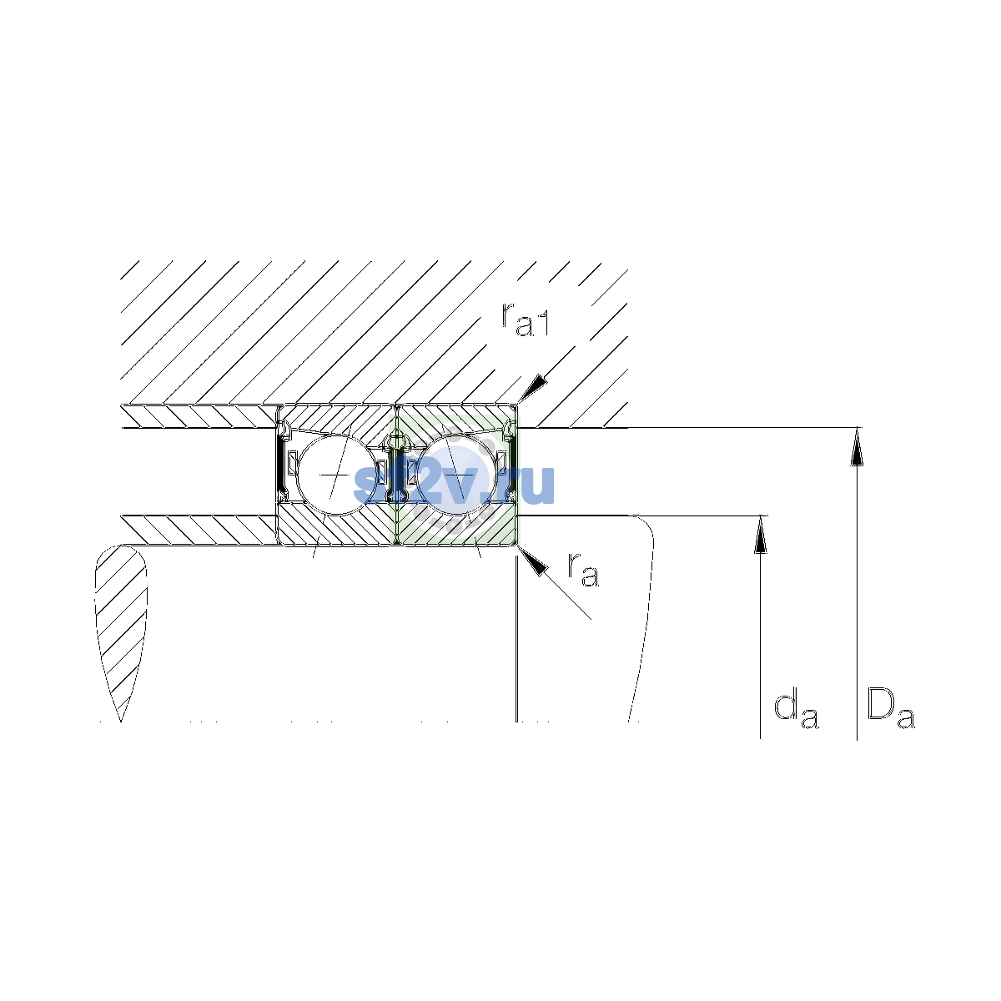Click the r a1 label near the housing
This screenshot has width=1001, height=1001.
coord(525,319)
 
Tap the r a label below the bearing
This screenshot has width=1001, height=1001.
coord(583,570)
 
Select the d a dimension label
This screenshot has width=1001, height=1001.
coord(797,708)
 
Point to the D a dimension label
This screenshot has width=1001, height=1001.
coord(891,708)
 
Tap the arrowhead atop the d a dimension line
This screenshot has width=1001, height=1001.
coord(761,534)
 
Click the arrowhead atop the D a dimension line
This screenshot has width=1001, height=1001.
coord(858,447)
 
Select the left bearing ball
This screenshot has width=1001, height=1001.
coord(338,475)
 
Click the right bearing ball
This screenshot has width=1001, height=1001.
coord(457,475)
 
